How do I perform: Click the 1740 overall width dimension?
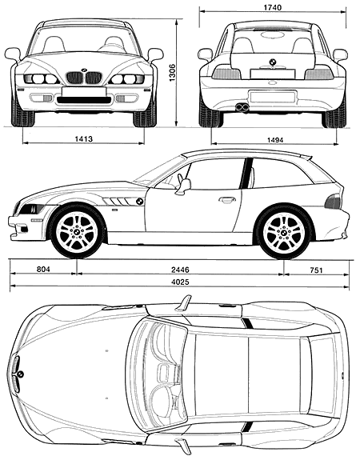point(272,7)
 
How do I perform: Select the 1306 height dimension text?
point(172,72)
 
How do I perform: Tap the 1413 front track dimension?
point(84,138)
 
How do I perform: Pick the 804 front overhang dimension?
point(43,269)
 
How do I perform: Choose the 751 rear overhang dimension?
point(316,270)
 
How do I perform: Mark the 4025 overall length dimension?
point(179,282)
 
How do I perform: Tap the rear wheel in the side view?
point(284,232)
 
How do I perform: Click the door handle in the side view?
point(226,200)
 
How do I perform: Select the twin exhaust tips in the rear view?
point(242,107)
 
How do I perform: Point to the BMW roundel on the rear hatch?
point(273,62)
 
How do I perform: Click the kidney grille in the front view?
point(84,78)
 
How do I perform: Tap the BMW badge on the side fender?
point(139,202)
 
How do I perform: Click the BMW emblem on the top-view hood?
point(20,374)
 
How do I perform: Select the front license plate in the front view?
point(84,91)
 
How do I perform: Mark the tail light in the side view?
point(333,202)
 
